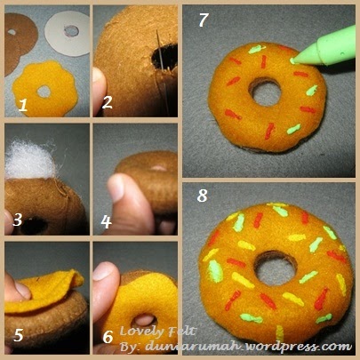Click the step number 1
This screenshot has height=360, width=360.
23,106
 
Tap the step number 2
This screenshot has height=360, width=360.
107,102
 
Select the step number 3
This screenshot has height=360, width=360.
18,220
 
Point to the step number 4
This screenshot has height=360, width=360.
106,222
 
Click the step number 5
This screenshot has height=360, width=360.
19,335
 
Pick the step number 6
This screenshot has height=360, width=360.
108,337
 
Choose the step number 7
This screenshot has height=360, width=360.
204,20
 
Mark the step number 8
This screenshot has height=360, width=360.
203,196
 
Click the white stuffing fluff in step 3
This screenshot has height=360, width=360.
29,160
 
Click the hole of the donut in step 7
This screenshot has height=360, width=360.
265,92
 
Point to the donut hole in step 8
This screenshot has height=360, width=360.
276,268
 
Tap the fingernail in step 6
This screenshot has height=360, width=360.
103,271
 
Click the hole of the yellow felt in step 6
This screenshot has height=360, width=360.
144,321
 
